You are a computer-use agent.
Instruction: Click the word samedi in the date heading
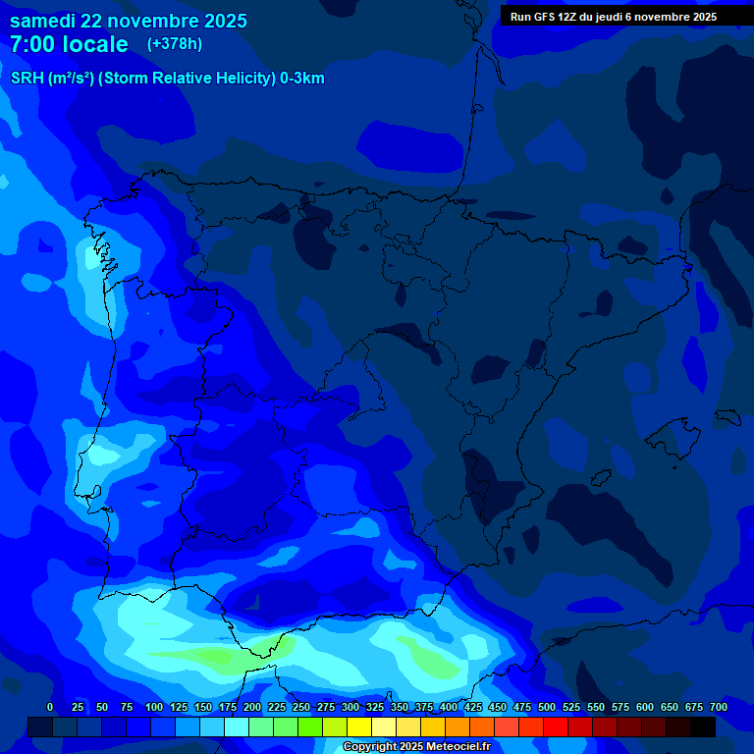tap(42, 21)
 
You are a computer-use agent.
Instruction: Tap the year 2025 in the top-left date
tap(222, 21)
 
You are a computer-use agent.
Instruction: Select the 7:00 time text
tap(35, 44)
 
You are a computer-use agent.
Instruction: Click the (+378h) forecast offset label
tap(174, 44)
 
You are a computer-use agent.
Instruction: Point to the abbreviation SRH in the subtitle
tap(27, 79)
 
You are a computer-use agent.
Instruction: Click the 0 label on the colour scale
tap(50, 707)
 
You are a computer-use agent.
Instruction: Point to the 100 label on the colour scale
tap(154, 707)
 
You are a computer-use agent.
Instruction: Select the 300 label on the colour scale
tap(350, 707)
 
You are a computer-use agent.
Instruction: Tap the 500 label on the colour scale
tap(547, 707)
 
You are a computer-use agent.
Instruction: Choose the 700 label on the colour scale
tap(718, 707)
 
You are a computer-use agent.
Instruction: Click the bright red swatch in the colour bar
tap(556, 727)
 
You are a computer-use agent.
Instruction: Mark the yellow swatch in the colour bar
tap(359, 727)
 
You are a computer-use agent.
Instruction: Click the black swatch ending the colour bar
tap(703, 727)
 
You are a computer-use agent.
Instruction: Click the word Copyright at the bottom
tap(368, 747)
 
